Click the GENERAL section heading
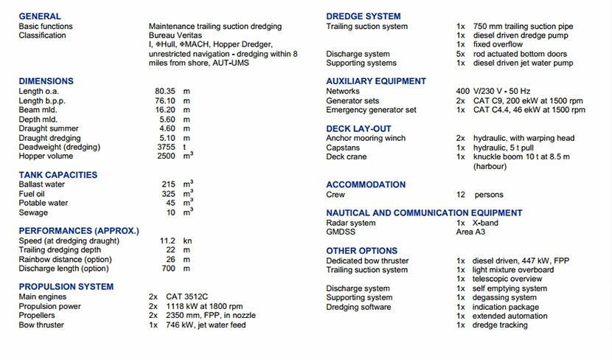pyautogui.click(x=40, y=16)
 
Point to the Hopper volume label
pyautogui.click(x=46, y=156)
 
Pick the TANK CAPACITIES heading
pyautogui.click(x=58, y=175)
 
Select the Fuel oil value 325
pyautogui.click(x=169, y=193)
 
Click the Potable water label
pyautogui.click(x=44, y=203)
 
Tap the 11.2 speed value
pyautogui.click(x=167, y=240)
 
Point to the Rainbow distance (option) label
pyautogui.click(x=65, y=259)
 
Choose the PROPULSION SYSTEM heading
pyautogui.click(x=66, y=286)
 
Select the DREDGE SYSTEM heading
pyautogui.click(x=364, y=16)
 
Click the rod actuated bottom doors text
pyautogui.click(x=520, y=54)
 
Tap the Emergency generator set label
pyautogui.click(x=371, y=110)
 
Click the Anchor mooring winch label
pyautogui.click(x=366, y=138)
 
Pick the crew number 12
pyautogui.click(x=461, y=195)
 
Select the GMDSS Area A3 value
pyautogui.click(x=470, y=232)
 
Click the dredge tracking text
pyautogui.click(x=500, y=325)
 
